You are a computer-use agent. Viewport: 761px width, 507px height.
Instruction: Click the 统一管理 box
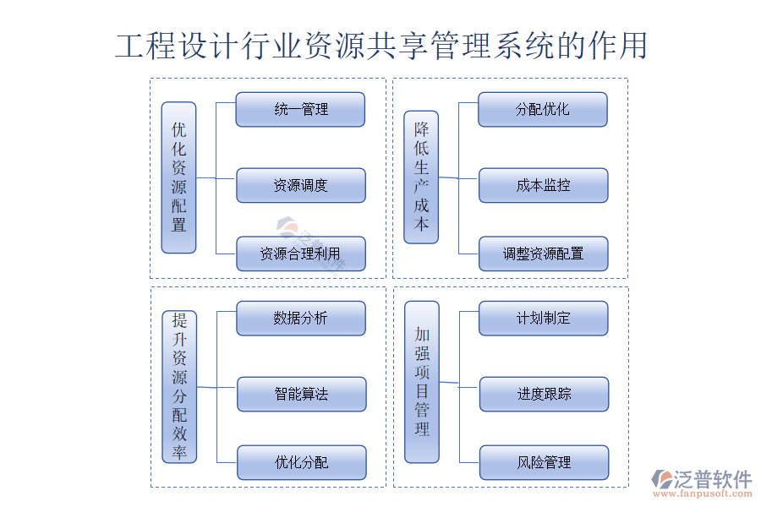[300, 110]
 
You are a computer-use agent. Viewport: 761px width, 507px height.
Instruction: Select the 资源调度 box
[301, 186]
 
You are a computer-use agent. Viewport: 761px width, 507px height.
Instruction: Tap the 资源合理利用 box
[301, 253]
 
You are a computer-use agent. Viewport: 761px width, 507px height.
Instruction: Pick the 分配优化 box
[543, 110]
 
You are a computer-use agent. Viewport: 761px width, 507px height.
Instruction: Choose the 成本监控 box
[544, 186]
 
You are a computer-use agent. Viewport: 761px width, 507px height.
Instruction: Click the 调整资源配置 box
[544, 253]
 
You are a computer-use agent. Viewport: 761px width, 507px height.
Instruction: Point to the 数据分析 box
[301, 319]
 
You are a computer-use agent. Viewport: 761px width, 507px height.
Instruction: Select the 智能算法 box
[302, 395]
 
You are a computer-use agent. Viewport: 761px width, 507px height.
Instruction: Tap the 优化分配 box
[302, 463]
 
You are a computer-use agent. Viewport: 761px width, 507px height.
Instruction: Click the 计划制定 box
[544, 319]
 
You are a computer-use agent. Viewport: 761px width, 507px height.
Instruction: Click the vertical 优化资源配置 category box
[179, 177]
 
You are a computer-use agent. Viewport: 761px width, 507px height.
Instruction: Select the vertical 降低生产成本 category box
[421, 177]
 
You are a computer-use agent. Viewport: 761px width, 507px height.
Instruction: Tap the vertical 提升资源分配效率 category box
[179, 386]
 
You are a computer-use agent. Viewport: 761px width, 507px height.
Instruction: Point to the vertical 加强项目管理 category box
[422, 382]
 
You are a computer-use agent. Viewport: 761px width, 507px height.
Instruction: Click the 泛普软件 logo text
[712, 479]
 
